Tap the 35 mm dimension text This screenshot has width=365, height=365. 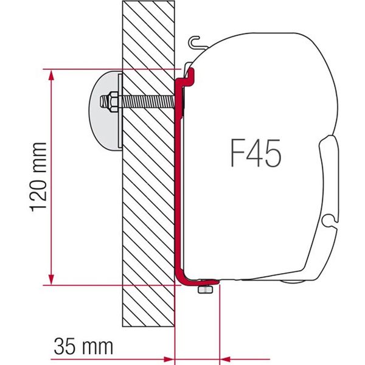coord(83,347)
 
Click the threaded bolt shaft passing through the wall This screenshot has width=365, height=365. coord(146,99)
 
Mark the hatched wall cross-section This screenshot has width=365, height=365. coord(148,201)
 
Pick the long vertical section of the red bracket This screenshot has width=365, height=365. coord(178,182)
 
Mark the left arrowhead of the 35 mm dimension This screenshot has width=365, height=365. coord(170,355)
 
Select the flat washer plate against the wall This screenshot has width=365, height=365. coord(120,109)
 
